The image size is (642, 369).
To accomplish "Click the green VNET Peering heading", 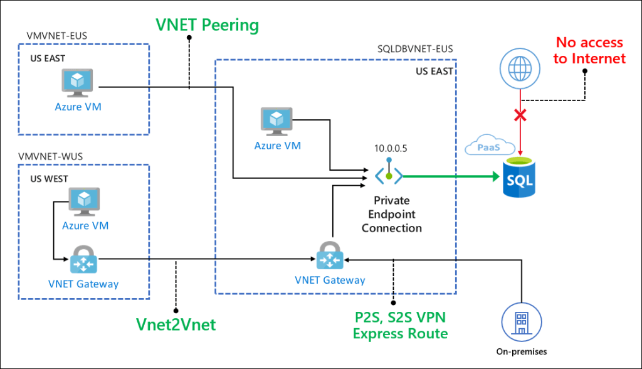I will [x=208, y=25].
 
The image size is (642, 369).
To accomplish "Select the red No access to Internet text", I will [x=589, y=50].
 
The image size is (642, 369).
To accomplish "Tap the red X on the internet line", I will [x=520, y=115].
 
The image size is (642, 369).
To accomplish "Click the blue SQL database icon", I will [x=520, y=179].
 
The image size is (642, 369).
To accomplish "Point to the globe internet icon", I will [x=520, y=66].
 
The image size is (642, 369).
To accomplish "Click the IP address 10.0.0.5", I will [x=389, y=149].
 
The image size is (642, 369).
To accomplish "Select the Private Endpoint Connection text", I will [x=392, y=214].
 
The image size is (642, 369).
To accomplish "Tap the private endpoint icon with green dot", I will [x=389, y=176].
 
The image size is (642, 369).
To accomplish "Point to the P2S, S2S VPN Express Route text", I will [x=400, y=325].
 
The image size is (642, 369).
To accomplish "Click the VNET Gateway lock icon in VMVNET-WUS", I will [x=83, y=259].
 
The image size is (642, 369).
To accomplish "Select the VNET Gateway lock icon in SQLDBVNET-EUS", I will [x=330, y=257].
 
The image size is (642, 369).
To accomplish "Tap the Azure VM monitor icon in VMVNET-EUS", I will [x=77, y=83].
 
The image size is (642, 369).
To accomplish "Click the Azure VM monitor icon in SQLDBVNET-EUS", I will [x=276, y=122].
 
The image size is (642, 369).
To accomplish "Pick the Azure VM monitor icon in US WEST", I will [x=85, y=201].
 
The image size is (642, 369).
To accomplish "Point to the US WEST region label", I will [x=50, y=179].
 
